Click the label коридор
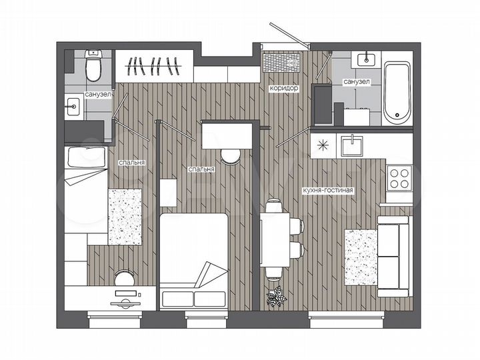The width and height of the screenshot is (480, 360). pos(284,88)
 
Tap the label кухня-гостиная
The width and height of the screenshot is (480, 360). pos(331,190)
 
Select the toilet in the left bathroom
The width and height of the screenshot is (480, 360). pos(94,67)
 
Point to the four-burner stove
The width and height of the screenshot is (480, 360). pos(399,178)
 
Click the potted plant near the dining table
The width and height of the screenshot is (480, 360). pos(275,296)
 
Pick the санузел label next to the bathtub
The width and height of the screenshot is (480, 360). pos(356,81)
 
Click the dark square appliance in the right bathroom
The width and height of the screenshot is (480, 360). pos(323,104)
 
